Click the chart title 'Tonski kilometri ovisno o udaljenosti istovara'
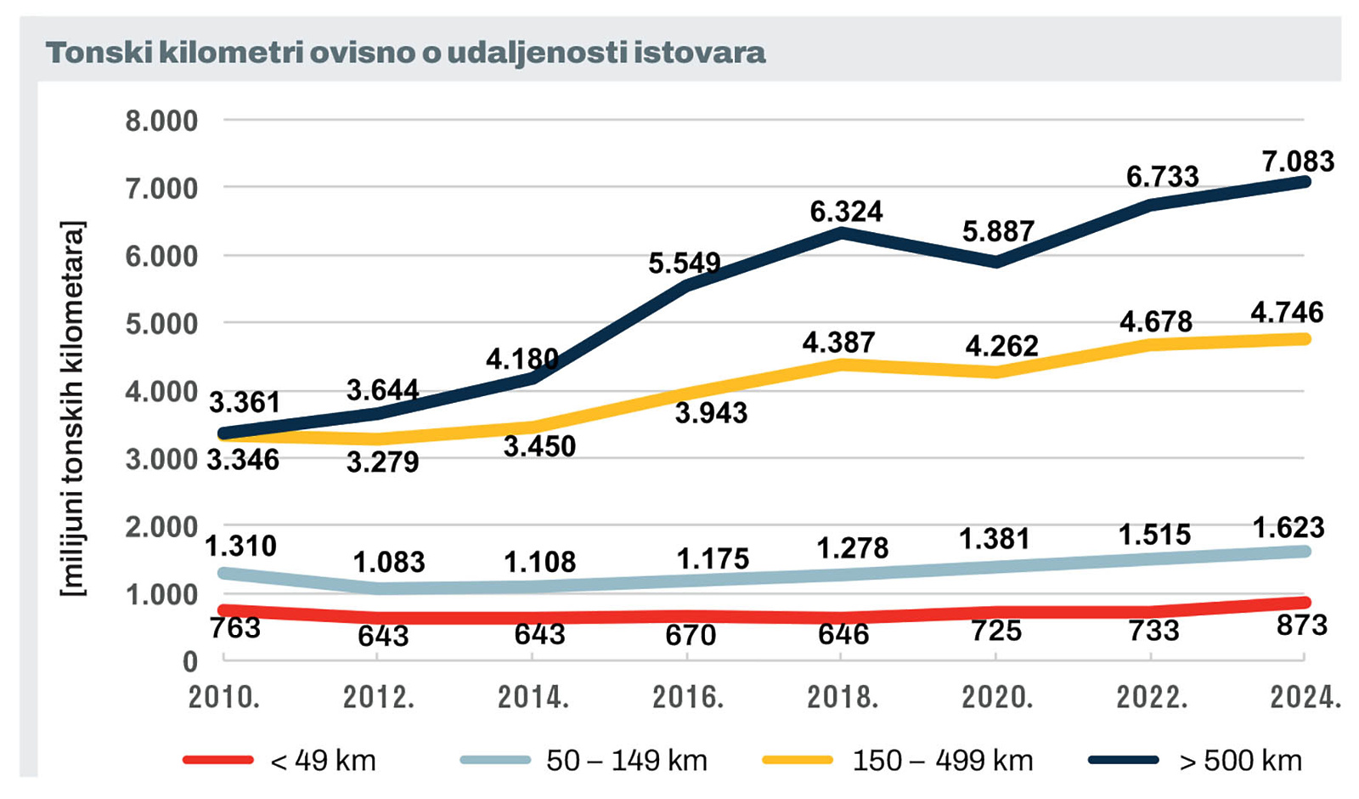[x=406, y=53]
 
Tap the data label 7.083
[x=1298, y=161]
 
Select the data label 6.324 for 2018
[x=846, y=211]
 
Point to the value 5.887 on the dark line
[x=998, y=231]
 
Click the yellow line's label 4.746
[x=1287, y=312]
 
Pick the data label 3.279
[x=382, y=462]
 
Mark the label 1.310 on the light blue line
[x=240, y=546]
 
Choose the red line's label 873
[x=1301, y=626]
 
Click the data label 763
[x=234, y=627]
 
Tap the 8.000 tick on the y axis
[x=161, y=121]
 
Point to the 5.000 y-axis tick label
[x=161, y=324]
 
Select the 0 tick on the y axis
[x=190, y=661]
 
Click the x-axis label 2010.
[x=224, y=697]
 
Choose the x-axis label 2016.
[x=688, y=697]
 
